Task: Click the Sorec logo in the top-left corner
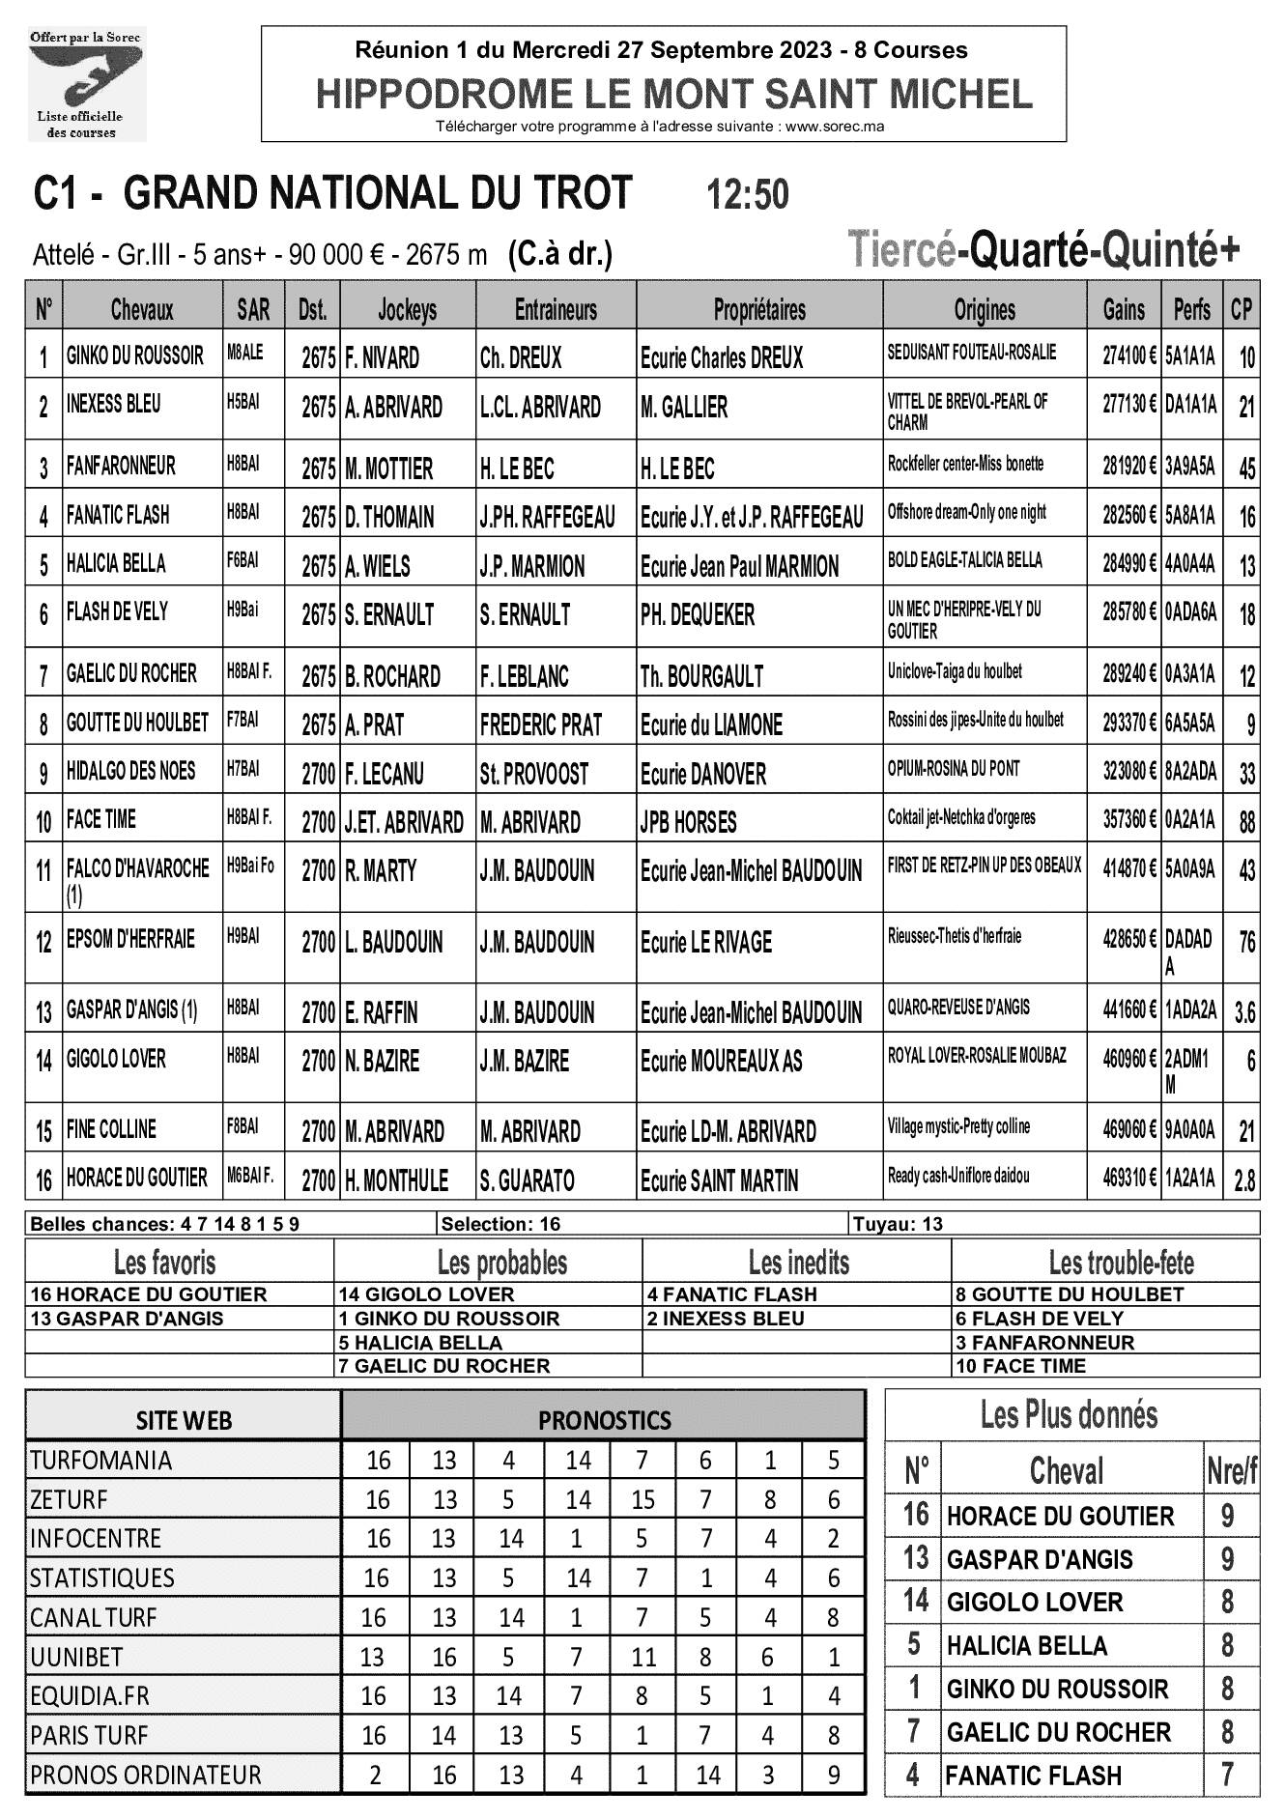pos(86,84)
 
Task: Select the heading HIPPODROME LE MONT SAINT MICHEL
pos(673,95)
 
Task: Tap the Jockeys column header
pos(407,310)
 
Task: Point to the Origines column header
pos(985,310)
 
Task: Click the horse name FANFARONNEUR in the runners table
pos(121,466)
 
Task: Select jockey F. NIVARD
pos(383,358)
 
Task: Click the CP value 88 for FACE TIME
pos(1246,822)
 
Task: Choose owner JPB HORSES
pos(688,823)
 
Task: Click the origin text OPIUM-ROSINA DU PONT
pos(954,769)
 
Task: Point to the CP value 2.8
pos(1244,1180)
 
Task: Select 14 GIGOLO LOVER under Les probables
pos(426,1294)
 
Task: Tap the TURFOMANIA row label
pos(100,1460)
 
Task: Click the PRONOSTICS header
pos(604,1420)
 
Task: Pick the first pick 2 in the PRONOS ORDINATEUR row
pos(375,1775)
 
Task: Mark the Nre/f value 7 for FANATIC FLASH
pos(1228,1775)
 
